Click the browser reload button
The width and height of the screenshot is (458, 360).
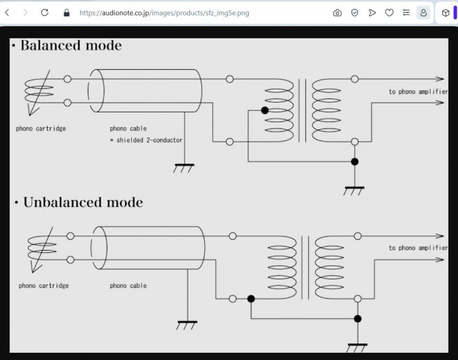pyautogui.click(x=45, y=13)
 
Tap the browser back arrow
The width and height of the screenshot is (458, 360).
pyautogui.click(x=7, y=13)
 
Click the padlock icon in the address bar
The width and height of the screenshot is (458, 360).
pyautogui.click(x=67, y=13)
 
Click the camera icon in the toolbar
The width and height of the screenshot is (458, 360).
pyautogui.click(x=337, y=13)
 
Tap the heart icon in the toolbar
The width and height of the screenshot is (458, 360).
pyautogui.click(x=389, y=13)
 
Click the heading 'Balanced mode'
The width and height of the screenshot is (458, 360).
pyautogui.click(x=71, y=46)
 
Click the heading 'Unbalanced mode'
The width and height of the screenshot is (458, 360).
pyautogui.click(x=83, y=202)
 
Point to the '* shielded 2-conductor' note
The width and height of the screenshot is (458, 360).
pyautogui.click(x=146, y=140)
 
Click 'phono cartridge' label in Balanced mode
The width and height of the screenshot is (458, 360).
pyautogui.click(x=41, y=129)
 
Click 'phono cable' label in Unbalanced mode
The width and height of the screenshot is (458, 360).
pyautogui.click(x=128, y=286)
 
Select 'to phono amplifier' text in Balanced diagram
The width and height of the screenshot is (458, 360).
pyautogui.click(x=418, y=92)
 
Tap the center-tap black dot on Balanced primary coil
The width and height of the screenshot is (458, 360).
pyautogui.click(x=265, y=110)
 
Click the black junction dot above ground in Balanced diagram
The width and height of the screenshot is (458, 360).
pyautogui.click(x=355, y=162)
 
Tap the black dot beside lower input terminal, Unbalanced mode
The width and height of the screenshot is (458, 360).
pyautogui.click(x=251, y=299)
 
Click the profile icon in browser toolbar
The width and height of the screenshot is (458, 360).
pyautogui.click(x=423, y=13)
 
